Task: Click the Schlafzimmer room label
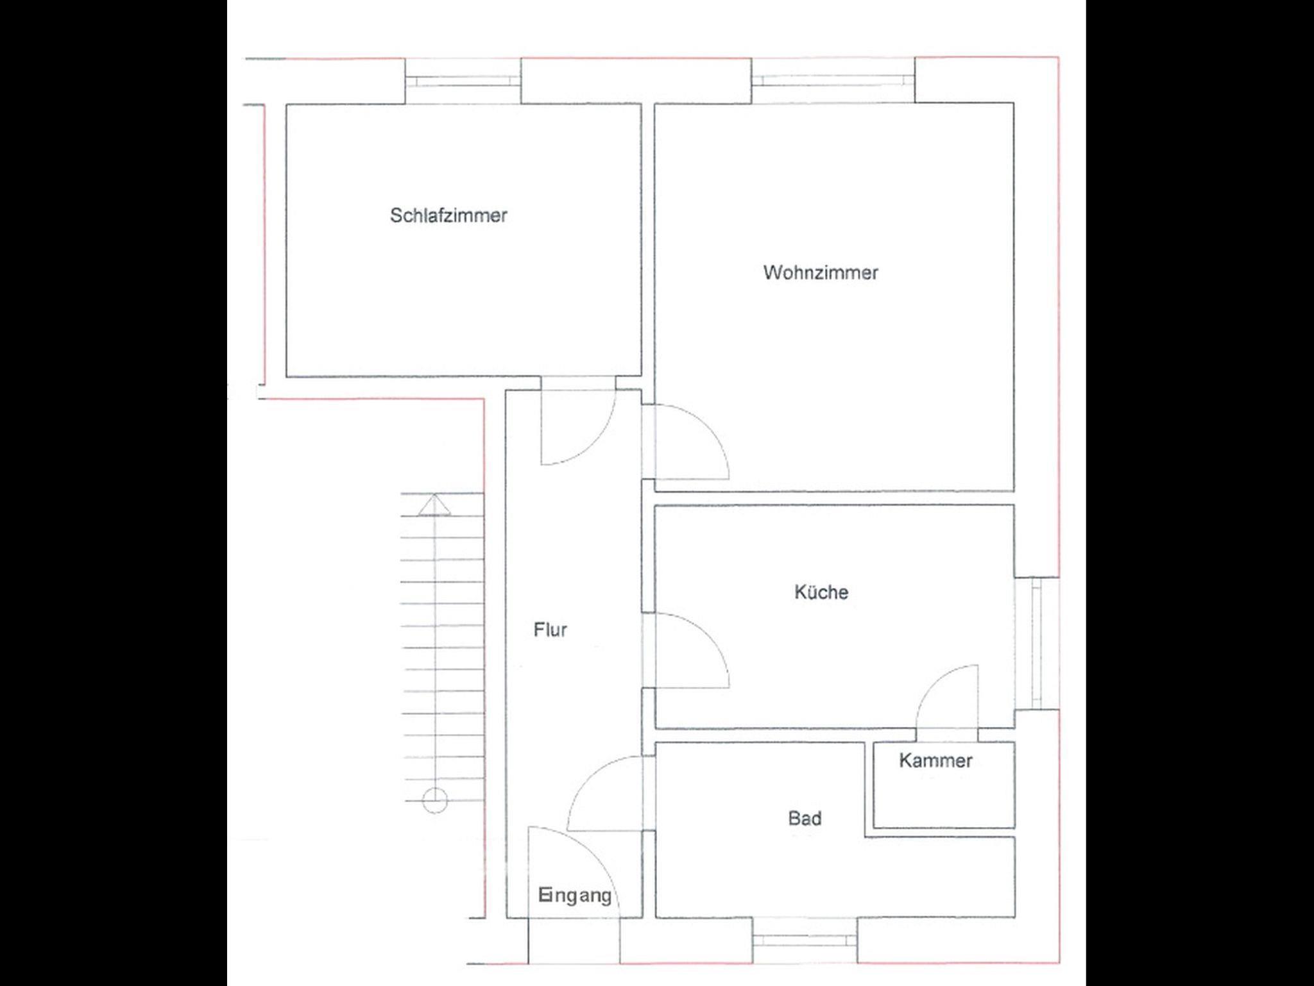tap(448, 215)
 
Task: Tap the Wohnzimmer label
tap(821, 272)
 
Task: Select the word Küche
tap(821, 592)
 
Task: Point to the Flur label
tap(550, 630)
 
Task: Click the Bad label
tap(805, 818)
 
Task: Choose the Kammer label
tap(935, 760)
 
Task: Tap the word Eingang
tap(575, 896)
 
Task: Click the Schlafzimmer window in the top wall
tap(463, 81)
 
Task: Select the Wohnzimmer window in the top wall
tap(833, 80)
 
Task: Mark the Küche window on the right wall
tap(1036, 643)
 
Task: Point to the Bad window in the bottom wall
tap(805, 940)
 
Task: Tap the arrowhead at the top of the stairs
tap(435, 505)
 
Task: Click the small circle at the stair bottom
tap(435, 801)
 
